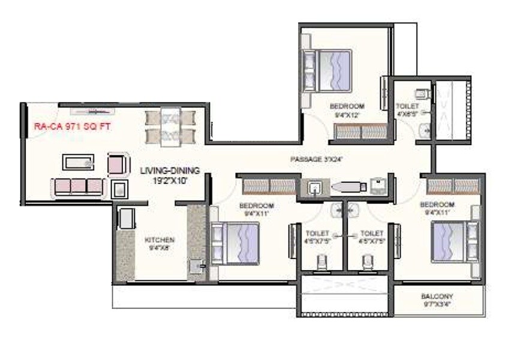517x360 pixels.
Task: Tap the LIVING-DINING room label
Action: pos(170,170)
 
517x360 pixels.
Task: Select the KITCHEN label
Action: pos(160,240)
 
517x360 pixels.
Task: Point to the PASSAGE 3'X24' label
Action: pos(316,159)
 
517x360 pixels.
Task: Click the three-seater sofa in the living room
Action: pos(78,187)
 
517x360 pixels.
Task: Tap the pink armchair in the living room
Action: pos(118,163)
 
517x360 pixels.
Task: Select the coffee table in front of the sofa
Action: pos(78,161)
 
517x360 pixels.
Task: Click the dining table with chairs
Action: pos(170,127)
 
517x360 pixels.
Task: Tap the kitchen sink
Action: pos(196,266)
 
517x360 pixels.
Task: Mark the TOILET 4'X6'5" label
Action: pos(407,110)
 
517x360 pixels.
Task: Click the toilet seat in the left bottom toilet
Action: pos(321,262)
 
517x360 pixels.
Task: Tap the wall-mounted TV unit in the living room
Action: pos(91,111)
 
